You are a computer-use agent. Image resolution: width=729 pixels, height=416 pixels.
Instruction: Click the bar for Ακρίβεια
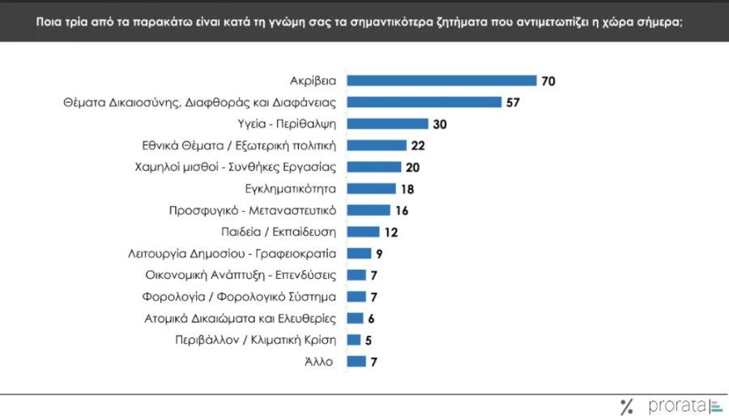[x=441, y=80]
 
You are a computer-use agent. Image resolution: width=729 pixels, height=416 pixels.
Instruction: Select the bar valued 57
[x=424, y=102]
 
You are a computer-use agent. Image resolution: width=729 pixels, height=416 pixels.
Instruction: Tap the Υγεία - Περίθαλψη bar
[x=387, y=124]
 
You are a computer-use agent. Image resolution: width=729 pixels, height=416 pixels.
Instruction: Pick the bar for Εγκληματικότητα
[x=371, y=189]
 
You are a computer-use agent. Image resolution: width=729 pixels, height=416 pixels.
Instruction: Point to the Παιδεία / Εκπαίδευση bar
[x=363, y=232]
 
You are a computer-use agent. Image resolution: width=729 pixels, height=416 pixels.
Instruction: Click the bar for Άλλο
[x=356, y=361]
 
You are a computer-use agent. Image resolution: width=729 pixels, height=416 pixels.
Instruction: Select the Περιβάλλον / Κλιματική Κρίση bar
[x=353, y=339]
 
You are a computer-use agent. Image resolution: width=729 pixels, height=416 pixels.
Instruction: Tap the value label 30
[x=440, y=124]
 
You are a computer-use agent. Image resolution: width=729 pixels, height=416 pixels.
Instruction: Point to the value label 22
[x=418, y=146]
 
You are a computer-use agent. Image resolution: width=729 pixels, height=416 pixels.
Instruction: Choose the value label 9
[x=379, y=254]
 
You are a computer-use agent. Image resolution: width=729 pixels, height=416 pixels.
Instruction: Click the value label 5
[x=369, y=340]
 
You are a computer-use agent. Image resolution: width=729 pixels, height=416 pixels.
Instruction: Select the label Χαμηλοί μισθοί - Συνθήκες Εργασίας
[x=235, y=167]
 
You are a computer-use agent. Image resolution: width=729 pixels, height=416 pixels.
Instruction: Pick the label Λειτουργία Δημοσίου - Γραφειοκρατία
[x=232, y=253]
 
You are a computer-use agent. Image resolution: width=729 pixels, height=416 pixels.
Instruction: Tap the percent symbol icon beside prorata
[x=625, y=406]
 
